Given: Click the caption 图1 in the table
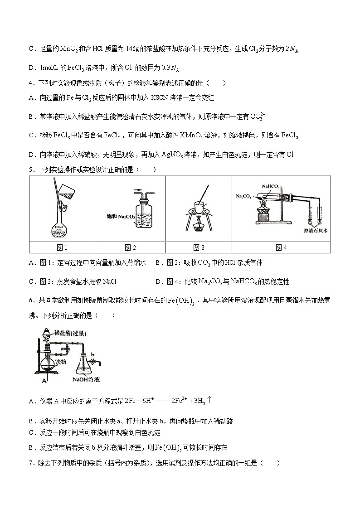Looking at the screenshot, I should tap(62, 247).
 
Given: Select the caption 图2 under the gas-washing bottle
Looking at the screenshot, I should tap(130, 247).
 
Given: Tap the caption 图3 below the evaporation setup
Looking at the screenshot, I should tap(199, 247).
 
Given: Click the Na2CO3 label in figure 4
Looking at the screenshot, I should tap(244, 196).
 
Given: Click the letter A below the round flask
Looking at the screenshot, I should tap(44, 382).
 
